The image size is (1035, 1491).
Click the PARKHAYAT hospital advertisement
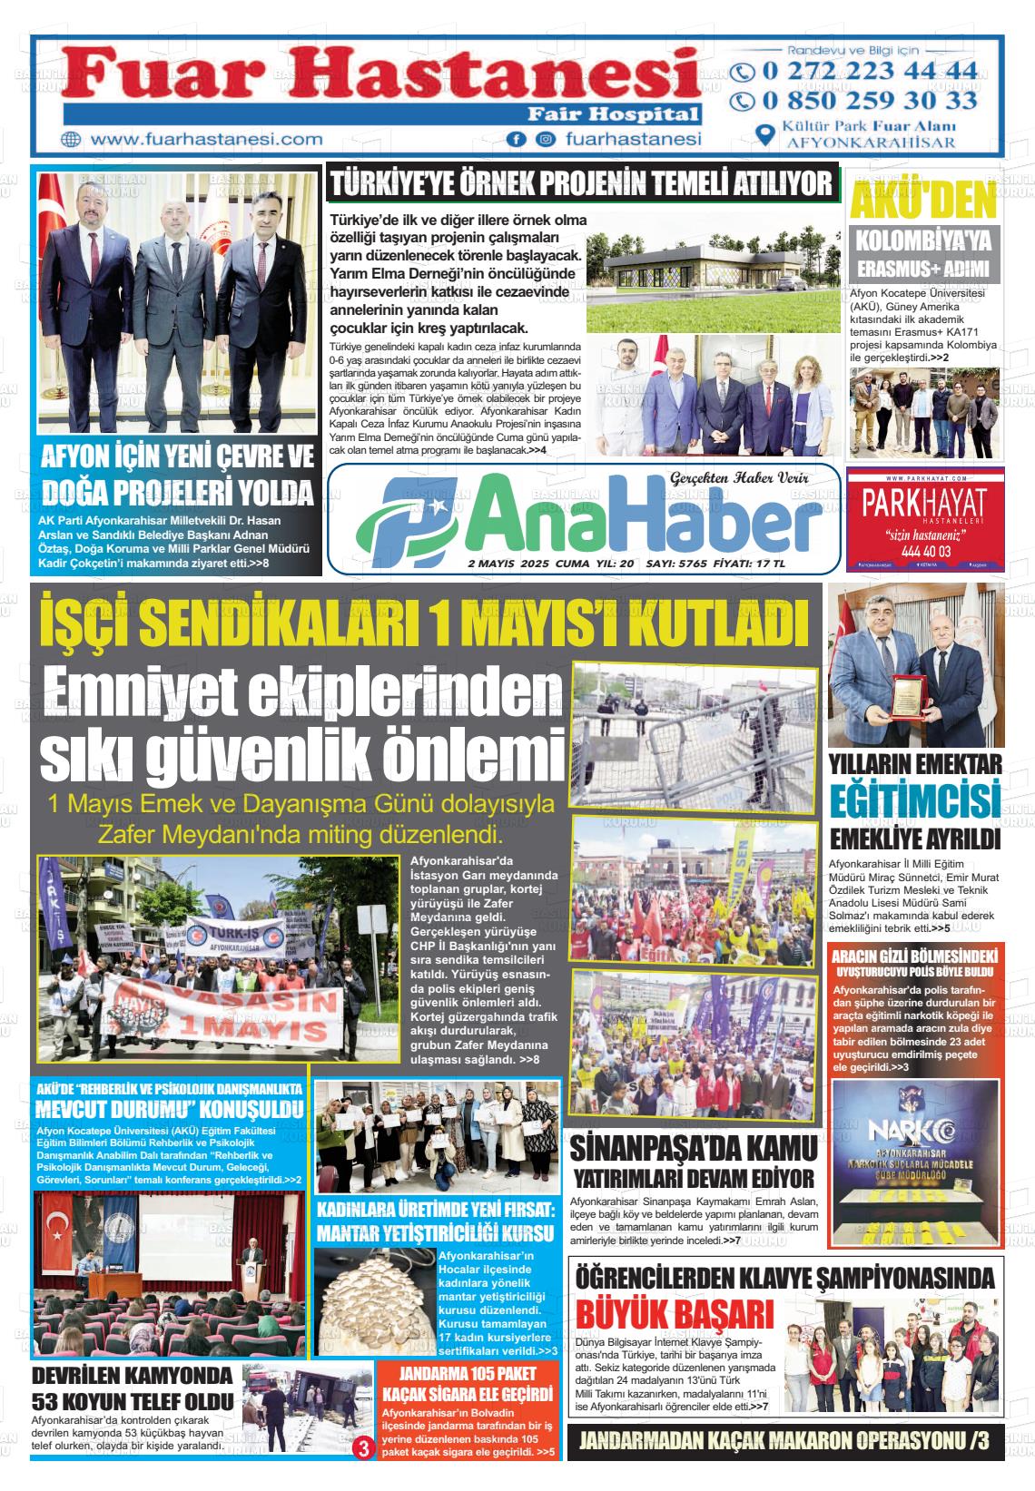[924, 518]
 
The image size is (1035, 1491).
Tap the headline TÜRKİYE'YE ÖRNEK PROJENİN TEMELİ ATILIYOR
[581, 184]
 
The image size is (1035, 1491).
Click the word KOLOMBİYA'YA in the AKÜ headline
[924, 242]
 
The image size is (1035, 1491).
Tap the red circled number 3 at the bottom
[364, 1448]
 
